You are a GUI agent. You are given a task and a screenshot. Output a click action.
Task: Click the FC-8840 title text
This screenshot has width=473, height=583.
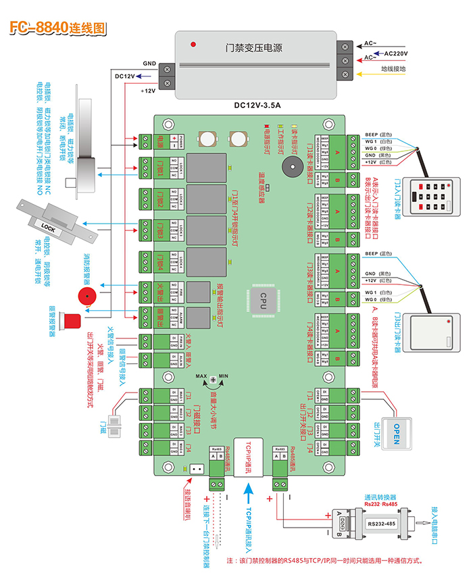pyautogui.click(x=57, y=28)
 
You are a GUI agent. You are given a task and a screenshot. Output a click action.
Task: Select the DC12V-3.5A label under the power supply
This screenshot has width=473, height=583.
pyautogui.click(x=257, y=105)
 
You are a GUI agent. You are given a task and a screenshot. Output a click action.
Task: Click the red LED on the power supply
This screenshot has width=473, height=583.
pyautogui.click(x=195, y=45)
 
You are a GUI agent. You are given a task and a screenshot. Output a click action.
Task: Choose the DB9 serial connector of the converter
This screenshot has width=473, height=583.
pyautogui.click(x=343, y=522)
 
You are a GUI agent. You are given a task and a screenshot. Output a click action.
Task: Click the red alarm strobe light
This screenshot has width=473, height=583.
pyautogui.click(x=70, y=321)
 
